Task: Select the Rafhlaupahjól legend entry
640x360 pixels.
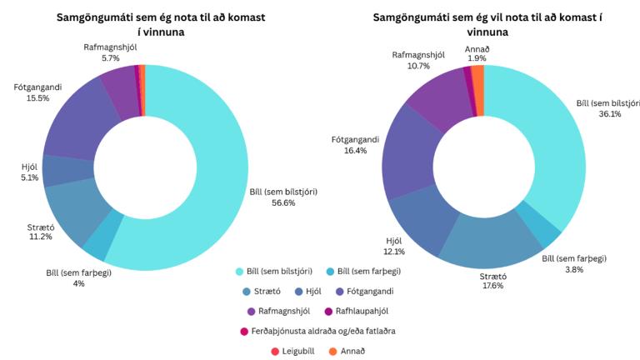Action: coord(350,311)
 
